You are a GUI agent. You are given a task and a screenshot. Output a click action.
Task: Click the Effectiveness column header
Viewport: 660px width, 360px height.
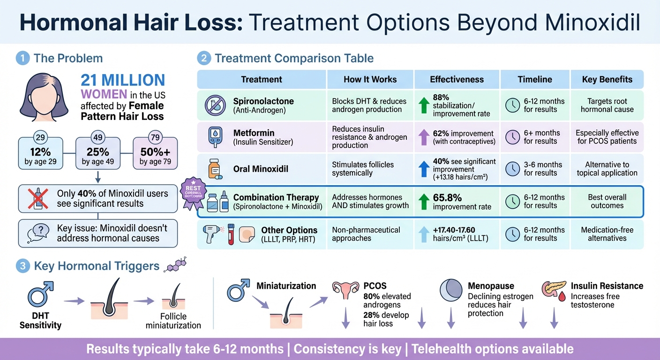pos(457,79)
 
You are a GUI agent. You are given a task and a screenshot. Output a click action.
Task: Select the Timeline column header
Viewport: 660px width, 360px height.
pos(535,79)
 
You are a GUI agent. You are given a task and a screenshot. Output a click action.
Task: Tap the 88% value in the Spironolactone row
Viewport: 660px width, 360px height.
pos(441,97)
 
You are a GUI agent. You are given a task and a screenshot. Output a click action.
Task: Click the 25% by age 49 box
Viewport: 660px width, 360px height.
pos(98,153)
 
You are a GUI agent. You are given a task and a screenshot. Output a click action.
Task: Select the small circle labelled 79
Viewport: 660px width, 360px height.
pos(155,138)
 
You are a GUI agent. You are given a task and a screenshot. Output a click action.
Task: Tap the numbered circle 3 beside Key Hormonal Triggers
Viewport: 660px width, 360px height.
pos(22,266)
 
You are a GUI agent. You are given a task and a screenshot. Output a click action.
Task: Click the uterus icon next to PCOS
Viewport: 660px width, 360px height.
pos(345,291)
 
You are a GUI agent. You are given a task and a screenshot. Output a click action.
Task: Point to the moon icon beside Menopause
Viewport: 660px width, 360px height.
pos(451,291)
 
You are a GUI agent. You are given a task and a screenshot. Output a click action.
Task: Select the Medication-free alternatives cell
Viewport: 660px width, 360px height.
pos(607,234)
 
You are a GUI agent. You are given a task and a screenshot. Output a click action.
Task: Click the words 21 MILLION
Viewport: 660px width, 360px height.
pos(122,80)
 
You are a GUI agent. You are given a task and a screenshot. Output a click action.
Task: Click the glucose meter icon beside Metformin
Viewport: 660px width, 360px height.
pos(214,137)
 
